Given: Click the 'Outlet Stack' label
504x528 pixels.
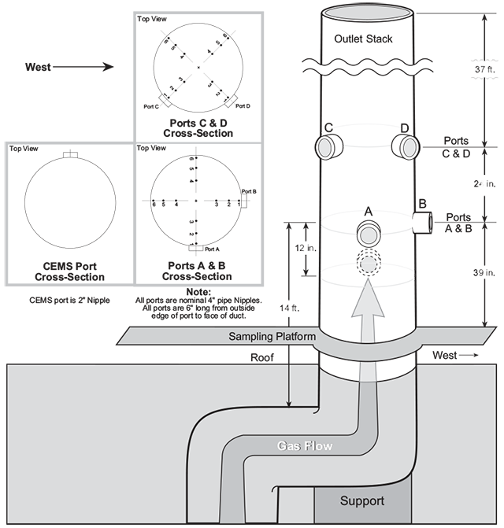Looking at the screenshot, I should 362,40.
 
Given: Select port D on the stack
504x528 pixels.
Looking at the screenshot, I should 405,146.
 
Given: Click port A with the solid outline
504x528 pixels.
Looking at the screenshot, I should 368,233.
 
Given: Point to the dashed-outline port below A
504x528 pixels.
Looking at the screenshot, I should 368,262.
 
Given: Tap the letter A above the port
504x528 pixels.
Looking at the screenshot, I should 367,211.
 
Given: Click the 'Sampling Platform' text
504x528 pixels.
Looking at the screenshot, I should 272,337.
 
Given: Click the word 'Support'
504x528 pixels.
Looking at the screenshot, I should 363,500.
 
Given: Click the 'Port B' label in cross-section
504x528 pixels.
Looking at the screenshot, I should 249,191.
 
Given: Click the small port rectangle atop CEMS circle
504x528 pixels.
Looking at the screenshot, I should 70,154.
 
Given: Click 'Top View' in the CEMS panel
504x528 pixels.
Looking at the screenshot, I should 23,149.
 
